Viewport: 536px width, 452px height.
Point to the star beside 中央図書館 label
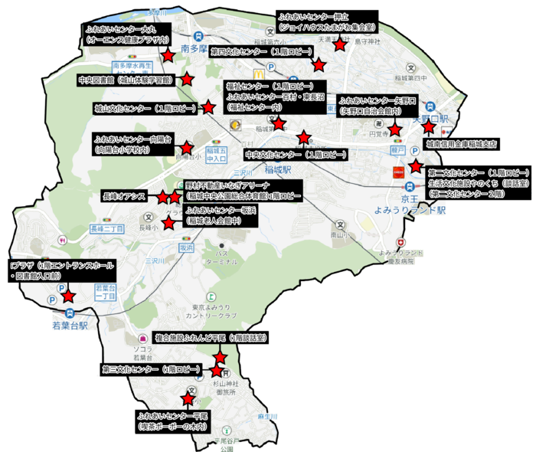pos(186,79)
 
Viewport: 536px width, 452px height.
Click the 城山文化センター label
pos(145,108)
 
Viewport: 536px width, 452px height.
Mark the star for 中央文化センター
pos(304,138)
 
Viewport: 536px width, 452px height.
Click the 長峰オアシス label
pos(123,197)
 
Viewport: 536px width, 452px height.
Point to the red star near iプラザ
pos(68,296)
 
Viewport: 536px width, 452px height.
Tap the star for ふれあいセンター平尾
pos(187,398)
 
